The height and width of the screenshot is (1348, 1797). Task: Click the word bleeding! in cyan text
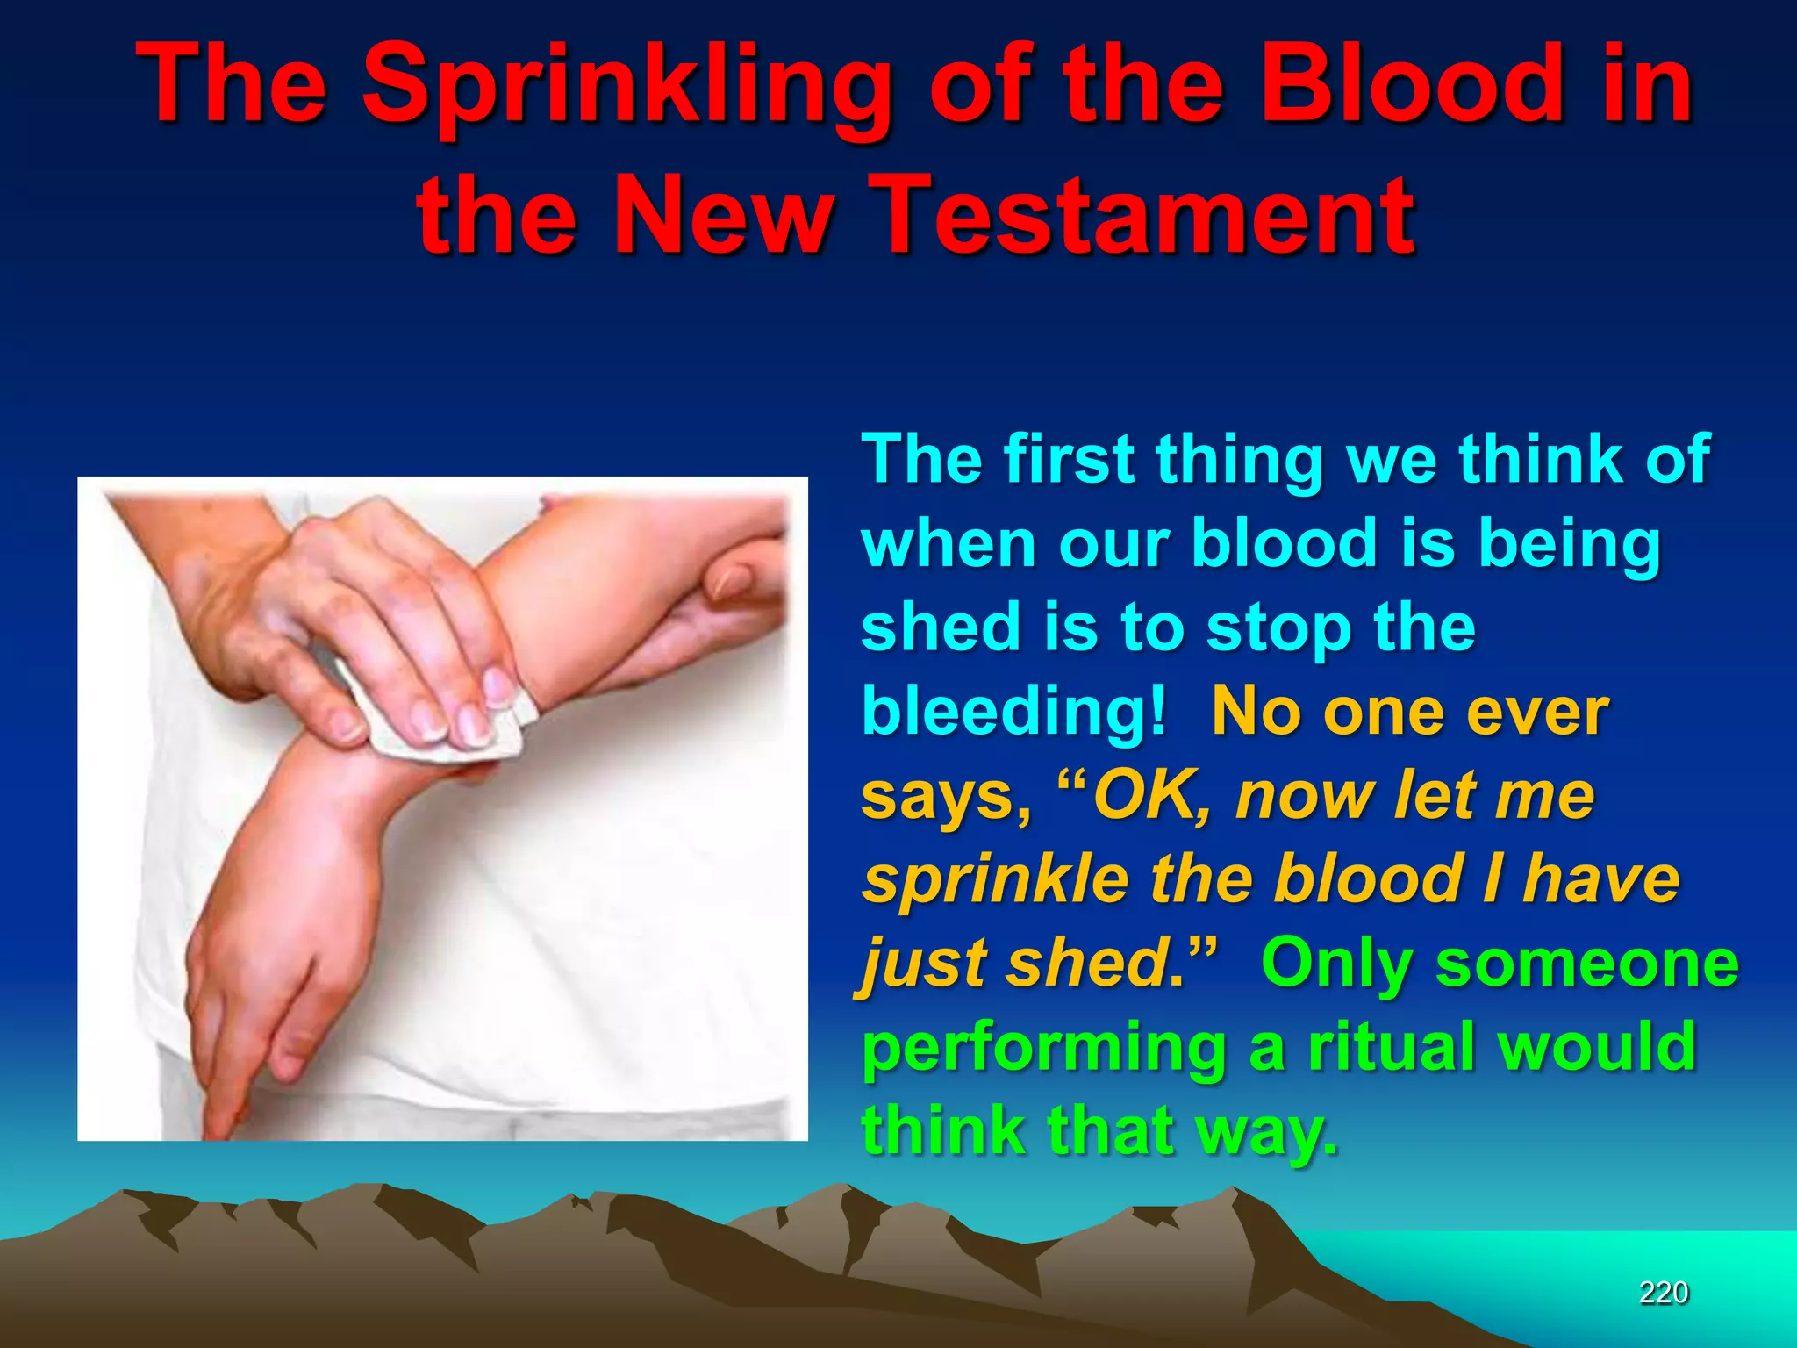[x=1014, y=711]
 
